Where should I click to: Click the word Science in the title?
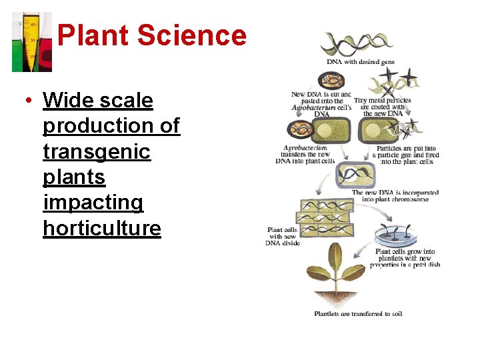tap(192, 35)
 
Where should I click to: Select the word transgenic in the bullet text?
tap(97, 151)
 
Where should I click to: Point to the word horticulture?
tap(102, 228)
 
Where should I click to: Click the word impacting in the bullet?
tap(93, 202)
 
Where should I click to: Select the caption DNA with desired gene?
tap(360, 62)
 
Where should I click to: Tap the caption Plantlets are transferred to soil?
tap(358, 313)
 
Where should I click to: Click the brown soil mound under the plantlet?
tap(336, 296)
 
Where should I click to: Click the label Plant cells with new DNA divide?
tap(283, 236)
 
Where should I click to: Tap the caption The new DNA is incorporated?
tap(395, 195)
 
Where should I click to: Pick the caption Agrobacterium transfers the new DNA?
tap(307, 154)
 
